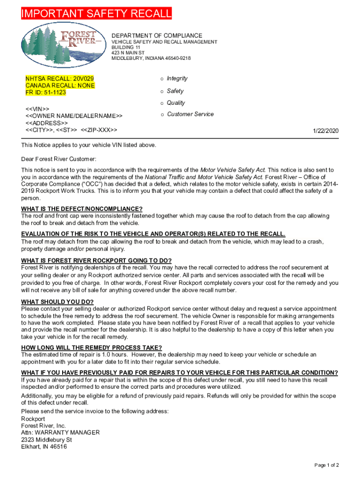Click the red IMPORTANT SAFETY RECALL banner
click(96, 14)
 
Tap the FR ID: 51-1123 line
click(46, 93)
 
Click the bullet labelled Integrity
click(177, 79)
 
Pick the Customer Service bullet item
click(190, 114)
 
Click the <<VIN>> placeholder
click(38, 109)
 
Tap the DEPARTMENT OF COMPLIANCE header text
click(157, 36)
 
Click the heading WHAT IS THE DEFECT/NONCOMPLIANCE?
click(82, 209)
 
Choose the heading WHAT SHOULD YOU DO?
click(58, 302)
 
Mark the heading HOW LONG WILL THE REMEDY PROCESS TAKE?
click(92, 348)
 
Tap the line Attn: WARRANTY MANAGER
click(60, 433)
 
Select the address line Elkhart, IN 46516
click(44, 447)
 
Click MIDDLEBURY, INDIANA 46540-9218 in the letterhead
click(151, 58)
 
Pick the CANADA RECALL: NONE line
click(60, 86)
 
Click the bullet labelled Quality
click(176, 103)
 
